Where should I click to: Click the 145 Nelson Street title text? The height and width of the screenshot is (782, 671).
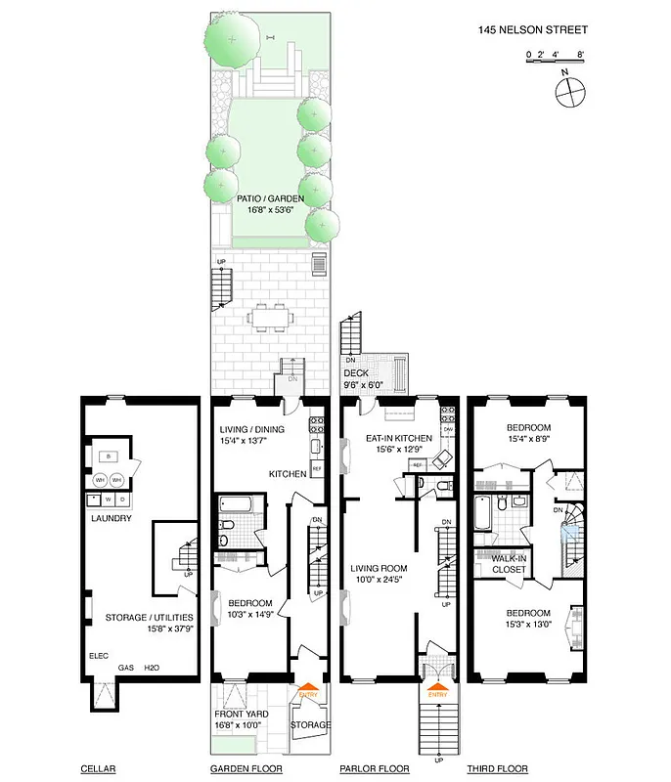tap(533, 29)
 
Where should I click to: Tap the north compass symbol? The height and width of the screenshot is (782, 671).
tap(569, 92)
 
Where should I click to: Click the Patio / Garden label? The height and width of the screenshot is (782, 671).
tap(270, 198)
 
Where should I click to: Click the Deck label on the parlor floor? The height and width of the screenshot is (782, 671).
tap(354, 372)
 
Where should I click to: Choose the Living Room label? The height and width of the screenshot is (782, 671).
tap(379, 568)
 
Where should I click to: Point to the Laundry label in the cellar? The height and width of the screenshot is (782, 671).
tap(112, 518)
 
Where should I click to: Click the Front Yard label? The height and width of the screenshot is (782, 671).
tap(240, 714)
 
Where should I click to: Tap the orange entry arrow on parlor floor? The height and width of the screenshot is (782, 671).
tap(436, 692)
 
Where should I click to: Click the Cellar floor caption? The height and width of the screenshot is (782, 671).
tap(98, 769)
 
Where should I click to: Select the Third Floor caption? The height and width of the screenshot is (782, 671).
tap(495, 769)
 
